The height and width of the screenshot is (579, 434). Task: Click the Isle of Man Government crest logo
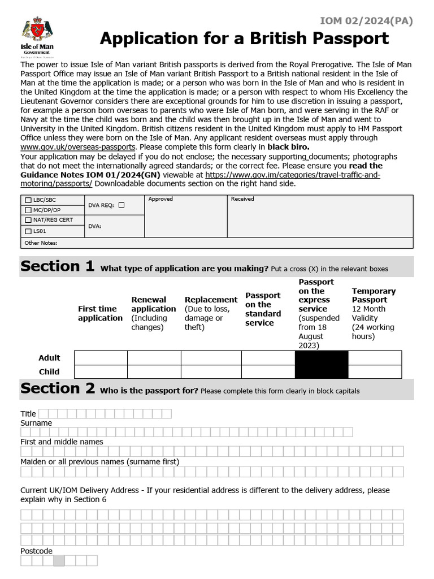37,35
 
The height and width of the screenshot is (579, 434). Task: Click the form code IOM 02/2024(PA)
366,21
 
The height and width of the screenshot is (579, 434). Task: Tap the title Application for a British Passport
244,38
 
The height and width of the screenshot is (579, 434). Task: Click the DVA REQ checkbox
121,205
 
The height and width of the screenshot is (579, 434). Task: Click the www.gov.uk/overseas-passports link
78,146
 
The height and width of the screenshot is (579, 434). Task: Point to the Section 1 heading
57,266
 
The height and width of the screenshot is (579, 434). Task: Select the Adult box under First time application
101,358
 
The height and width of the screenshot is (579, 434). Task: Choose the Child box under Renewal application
154,371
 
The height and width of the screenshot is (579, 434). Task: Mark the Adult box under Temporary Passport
375,358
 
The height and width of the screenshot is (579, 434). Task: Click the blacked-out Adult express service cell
322,358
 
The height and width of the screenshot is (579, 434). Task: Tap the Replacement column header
211,300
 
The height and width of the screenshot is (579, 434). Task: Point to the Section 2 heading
57,388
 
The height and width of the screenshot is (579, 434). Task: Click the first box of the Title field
44,414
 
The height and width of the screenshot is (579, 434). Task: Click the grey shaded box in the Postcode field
59,561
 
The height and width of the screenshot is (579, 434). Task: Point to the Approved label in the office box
160,199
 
